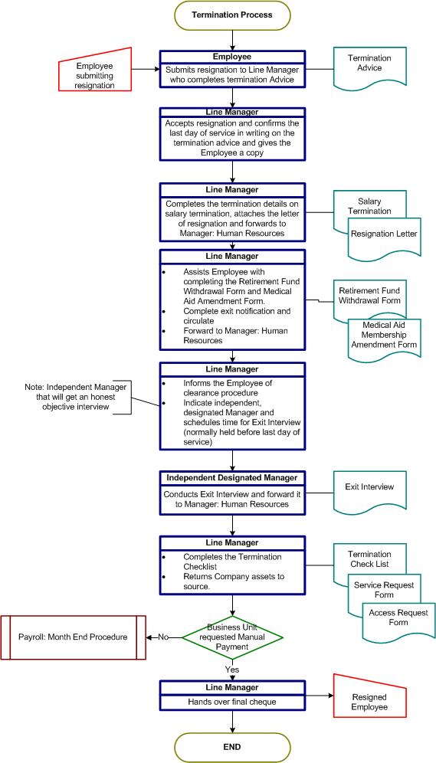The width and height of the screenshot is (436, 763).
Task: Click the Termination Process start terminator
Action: click(232, 15)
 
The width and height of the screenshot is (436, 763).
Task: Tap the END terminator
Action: click(232, 747)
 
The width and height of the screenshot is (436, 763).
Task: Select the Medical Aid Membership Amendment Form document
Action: click(385, 336)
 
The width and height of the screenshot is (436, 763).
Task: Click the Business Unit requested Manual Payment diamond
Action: click(232, 637)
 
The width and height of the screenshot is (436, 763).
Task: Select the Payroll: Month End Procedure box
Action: click(73, 637)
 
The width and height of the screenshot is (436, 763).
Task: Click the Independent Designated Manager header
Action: click(232, 478)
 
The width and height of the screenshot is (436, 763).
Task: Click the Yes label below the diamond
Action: click(232, 670)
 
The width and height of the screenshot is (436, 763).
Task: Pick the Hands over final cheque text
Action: click(232, 702)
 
